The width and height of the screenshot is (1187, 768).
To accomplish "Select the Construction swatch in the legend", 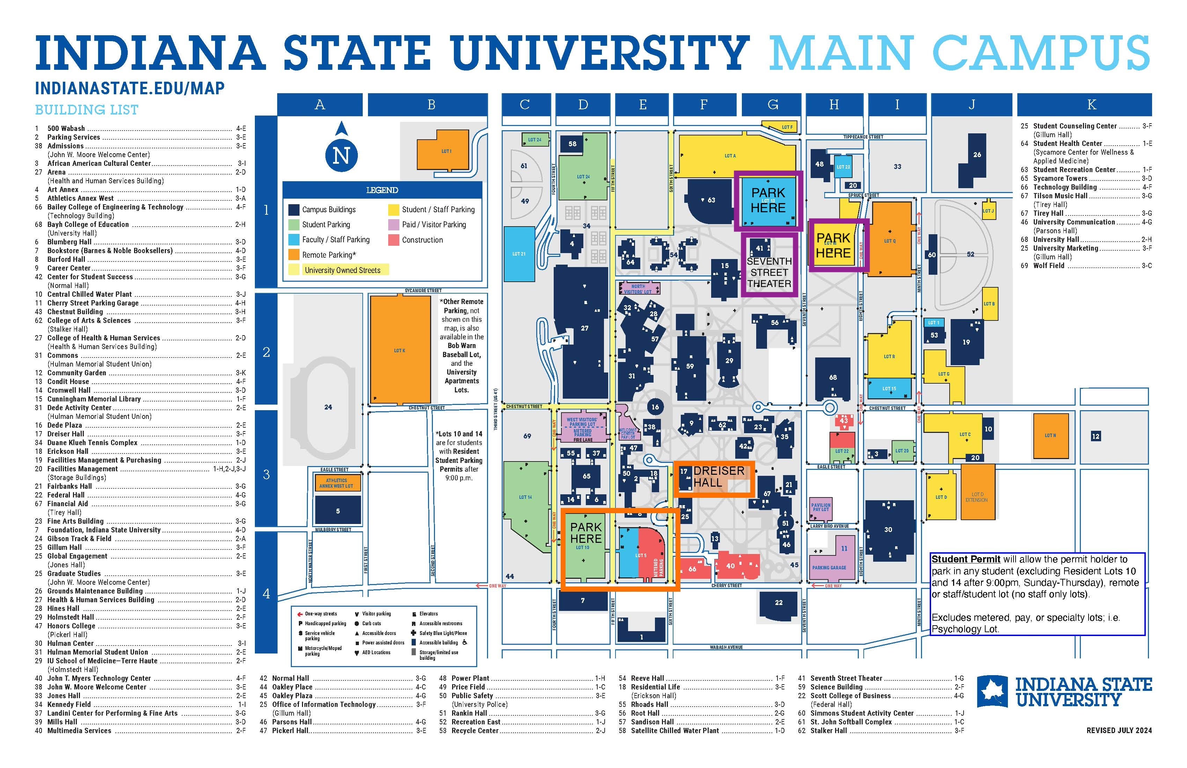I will point(393,240).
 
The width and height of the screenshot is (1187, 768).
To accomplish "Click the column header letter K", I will point(1091,105).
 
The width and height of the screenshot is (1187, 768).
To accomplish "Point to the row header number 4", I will point(266,593).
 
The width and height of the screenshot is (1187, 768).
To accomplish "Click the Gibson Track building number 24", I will point(328,407).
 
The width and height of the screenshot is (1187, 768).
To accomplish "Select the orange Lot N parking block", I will point(1050,435).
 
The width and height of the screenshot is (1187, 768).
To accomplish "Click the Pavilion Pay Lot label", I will point(820,507).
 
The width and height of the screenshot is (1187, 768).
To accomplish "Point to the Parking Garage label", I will point(828,568).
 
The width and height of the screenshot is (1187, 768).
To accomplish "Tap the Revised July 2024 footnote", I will point(1119,730).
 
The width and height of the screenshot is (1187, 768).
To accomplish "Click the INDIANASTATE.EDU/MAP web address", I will point(130,89).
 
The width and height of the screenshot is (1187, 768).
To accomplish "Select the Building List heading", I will point(86,110).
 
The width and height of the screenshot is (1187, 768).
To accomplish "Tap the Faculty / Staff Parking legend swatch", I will point(294,240).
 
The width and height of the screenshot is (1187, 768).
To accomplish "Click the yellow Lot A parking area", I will point(730,156).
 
